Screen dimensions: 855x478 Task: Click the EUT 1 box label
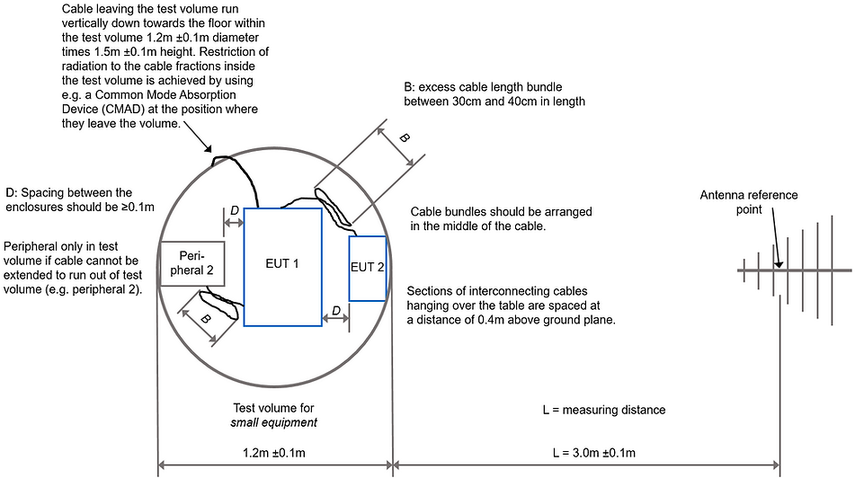tap(282, 264)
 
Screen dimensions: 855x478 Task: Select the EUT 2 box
tap(368, 268)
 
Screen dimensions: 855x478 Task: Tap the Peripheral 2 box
tap(191, 264)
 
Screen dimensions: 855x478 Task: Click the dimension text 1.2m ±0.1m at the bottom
tap(273, 453)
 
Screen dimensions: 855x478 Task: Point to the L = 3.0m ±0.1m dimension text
tap(593, 453)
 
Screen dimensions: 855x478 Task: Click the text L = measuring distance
tap(604, 410)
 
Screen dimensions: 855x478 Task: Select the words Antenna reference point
tap(749, 202)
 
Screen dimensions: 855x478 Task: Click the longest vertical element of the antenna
tap(833, 270)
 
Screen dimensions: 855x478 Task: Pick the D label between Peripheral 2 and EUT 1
tap(235, 210)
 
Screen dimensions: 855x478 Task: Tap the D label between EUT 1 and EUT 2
tap(336, 311)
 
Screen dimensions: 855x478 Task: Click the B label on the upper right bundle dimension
tap(404, 137)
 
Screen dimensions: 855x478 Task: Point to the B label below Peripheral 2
tap(205, 319)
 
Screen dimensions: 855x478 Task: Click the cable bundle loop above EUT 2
tap(334, 207)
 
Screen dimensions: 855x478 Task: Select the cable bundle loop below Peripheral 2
tap(219, 305)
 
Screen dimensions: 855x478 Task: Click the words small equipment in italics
tap(273, 423)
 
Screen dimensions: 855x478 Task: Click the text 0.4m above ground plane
tap(547, 320)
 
